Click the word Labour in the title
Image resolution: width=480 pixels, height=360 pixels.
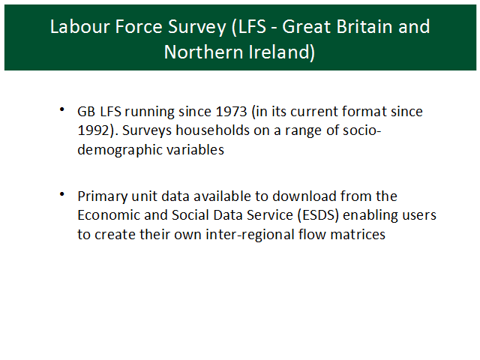(80, 26)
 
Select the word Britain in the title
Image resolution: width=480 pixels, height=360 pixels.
(364, 26)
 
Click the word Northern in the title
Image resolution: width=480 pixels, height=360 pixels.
(203, 52)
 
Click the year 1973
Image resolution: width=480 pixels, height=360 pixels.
(231, 112)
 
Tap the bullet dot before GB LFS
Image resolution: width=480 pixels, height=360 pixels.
(61, 109)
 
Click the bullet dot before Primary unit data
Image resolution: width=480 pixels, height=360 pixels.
(61, 193)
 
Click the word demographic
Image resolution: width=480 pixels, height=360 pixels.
(120, 151)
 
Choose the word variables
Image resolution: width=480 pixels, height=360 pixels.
(195, 150)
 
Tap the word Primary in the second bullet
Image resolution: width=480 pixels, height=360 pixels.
(103, 197)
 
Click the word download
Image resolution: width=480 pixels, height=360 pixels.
(304, 196)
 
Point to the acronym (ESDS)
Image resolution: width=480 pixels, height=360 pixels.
(318, 215)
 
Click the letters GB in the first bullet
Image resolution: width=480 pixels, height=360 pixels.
(86, 112)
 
